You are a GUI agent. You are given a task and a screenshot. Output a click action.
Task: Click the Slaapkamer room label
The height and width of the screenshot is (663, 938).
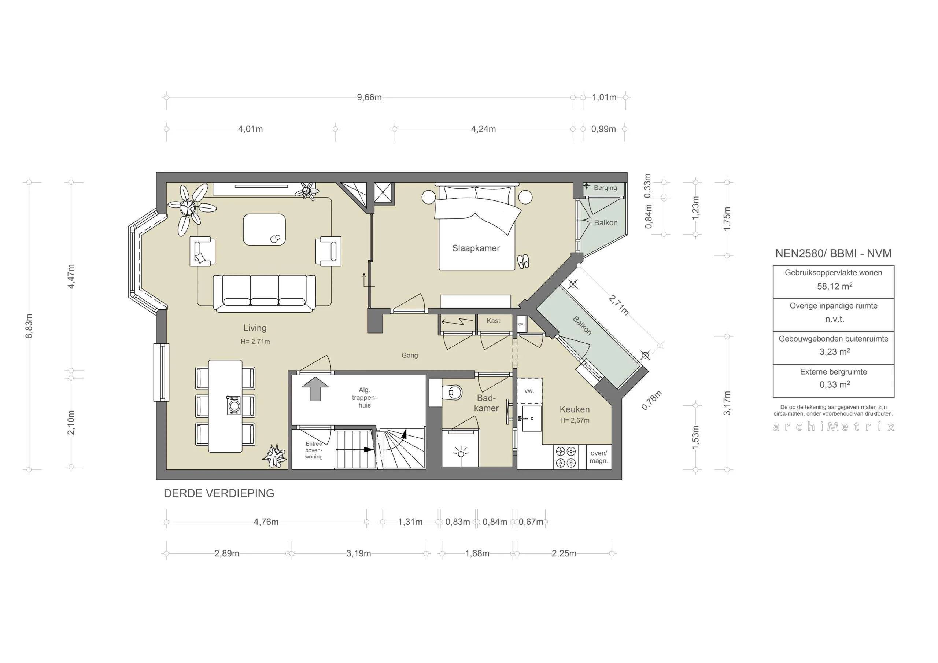pyautogui.click(x=476, y=248)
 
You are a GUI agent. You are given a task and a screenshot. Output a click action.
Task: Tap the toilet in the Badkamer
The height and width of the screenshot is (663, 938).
pyautogui.click(x=453, y=393)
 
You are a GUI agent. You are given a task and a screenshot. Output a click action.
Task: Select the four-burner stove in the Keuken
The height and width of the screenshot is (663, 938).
pyautogui.click(x=566, y=457)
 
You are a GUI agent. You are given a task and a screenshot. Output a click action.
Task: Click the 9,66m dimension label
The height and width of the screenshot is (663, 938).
pyautogui.click(x=369, y=97)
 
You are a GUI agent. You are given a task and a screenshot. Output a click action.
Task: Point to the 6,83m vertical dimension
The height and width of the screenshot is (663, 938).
pyautogui.click(x=29, y=326)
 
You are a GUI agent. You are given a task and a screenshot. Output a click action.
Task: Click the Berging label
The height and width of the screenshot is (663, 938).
pyautogui.click(x=605, y=188)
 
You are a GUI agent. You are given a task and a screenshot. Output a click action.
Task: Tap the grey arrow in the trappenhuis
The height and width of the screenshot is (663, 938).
pyautogui.click(x=315, y=389)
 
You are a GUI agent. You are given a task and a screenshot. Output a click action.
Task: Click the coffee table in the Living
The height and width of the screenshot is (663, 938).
pyautogui.click(x=264, y=229)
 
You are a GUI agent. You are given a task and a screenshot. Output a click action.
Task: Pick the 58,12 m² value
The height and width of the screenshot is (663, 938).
pyautogui.click(x=834, y=286)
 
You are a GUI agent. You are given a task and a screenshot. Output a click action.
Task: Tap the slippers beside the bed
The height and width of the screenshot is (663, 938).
pyautogui.click(x=523, y=261)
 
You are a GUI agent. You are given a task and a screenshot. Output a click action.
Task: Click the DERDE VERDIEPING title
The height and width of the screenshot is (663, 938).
pyautogui.click(x=219, y=493)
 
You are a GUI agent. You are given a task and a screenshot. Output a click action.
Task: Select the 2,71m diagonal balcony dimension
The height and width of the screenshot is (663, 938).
pyautogui.click(x=618, y=305)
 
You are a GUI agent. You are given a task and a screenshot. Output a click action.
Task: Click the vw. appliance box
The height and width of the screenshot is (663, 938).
pyautogui.click(x=529, y=391)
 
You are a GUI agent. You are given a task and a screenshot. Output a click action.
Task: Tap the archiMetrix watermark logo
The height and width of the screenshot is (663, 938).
pyautogui.click(x=834, y=427)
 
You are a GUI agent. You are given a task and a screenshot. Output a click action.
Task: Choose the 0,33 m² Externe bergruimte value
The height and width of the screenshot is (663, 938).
pyautogui.click(x=834, y=384)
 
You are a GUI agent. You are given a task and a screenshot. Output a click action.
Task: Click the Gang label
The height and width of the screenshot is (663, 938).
pyautogui.click(x=409, y=356)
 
